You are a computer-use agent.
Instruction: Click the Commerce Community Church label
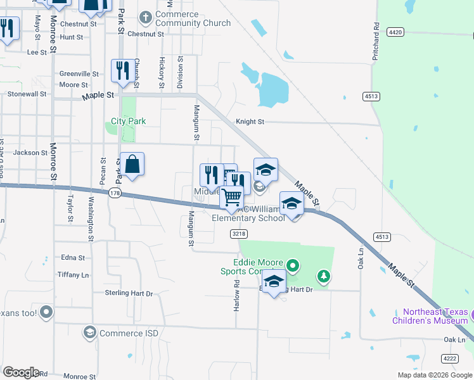193,19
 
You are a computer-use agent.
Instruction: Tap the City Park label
128,121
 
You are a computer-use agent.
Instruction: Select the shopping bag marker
132,166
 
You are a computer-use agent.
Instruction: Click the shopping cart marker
232,197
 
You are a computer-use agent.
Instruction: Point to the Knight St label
250,122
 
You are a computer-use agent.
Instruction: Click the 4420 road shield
396,32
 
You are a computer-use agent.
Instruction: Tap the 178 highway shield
115,193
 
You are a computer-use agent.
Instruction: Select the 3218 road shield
238,234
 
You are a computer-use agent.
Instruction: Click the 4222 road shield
449,358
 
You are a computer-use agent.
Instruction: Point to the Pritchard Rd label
376,43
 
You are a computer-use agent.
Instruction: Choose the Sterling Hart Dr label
129,293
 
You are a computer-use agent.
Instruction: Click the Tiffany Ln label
73,275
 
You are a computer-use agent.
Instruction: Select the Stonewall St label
27,94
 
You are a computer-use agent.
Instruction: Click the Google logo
21,372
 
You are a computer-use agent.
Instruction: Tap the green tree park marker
324,275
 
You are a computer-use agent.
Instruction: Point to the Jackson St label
30,153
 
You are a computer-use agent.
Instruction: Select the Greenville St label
79,74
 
